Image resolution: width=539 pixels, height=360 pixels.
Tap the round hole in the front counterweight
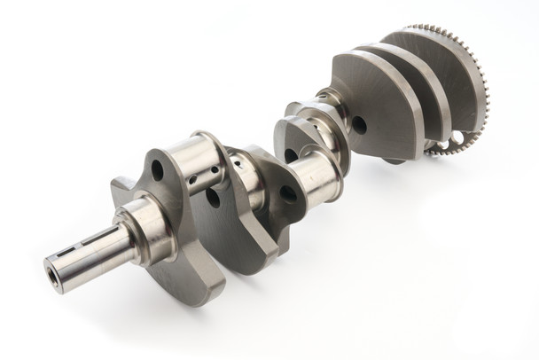pos(157,172)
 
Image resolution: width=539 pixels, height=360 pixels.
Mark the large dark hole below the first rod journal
pos(214,199)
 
